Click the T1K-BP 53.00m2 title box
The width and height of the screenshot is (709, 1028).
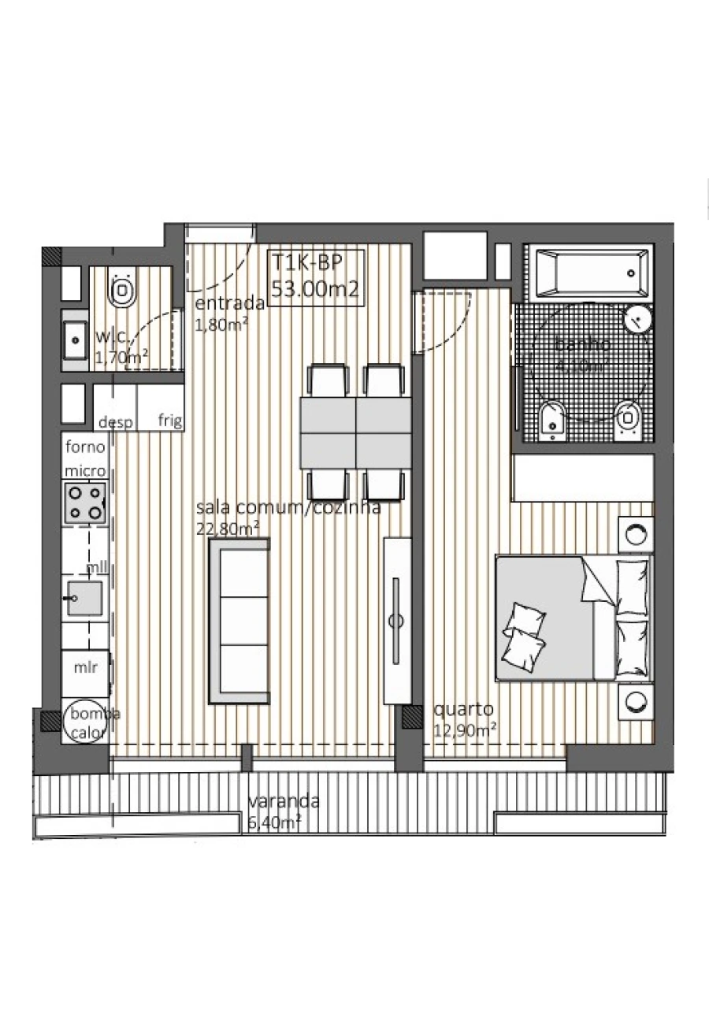point(315,276)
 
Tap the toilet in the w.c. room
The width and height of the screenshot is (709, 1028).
point(122,291)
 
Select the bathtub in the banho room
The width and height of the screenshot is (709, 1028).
point(590,273)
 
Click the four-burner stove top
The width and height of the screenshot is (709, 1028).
point(86,503)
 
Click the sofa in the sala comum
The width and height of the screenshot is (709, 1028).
point(239,621)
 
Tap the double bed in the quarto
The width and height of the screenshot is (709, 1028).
point(574,617)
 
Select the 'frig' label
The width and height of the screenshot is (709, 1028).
point(170,420)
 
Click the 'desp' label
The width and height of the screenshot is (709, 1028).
point(115,421)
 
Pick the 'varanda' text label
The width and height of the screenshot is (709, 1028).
point(284,802)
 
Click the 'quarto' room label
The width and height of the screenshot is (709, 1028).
point(463,709)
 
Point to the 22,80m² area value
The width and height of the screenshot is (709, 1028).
point(228,529)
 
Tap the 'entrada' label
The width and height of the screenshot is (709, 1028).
point(229,304)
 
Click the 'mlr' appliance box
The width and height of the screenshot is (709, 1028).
point(85,668)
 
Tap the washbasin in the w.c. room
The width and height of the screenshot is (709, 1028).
point(76,340)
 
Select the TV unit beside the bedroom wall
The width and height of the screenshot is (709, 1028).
point(396,621)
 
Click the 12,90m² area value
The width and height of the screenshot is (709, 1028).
point(465,729)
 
